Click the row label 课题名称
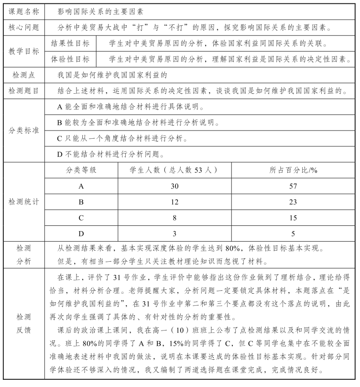click(x=24, y=10)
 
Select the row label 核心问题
click(x=24, y=27)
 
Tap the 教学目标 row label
click(x=24, y=51)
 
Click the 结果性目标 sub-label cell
click(x=70, y=43)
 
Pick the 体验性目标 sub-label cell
click(x=70, y=59)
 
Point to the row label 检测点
click(x=24, y=75)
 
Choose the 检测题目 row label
click(x=24, y=90)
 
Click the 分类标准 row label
click(x=24, y=130)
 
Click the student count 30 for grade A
click(x=175, y=186)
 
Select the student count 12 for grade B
click(x=175, y=202)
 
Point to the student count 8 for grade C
click(x=175, y=218)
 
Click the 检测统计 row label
click(x=24, y=202)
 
